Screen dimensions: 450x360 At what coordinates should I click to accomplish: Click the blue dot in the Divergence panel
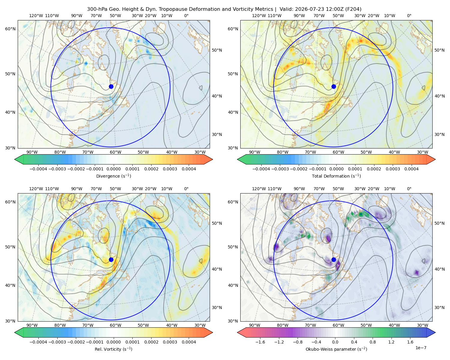click(111, 86)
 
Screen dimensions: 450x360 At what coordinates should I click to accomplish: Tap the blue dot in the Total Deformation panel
click(334, 86)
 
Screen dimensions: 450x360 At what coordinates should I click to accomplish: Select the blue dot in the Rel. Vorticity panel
click(111, 259)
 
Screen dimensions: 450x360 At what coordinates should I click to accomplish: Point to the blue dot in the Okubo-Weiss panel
click(334, 259)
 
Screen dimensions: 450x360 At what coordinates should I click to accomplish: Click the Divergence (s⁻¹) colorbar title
click(113, 176)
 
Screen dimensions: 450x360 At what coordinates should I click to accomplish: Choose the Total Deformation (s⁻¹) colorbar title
click(336, 176)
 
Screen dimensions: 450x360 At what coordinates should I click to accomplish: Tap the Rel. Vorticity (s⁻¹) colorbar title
click(113, 349)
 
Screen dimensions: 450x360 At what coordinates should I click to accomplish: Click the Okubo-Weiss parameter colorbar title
click(336, 349)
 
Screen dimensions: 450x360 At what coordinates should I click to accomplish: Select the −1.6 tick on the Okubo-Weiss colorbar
click(260, 342)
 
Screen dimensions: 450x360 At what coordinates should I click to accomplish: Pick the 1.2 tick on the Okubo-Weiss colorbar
click(391, 342)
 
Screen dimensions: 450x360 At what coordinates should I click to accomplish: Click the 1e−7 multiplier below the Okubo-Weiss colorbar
click(421, 348)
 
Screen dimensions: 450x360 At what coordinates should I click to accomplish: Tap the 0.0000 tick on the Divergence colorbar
click(113, 169)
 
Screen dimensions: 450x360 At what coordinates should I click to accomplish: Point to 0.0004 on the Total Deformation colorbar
click(412, 169)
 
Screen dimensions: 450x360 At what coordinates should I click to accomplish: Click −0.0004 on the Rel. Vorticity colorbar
click(38, 342)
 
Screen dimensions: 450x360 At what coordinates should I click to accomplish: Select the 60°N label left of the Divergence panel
click(10, 29)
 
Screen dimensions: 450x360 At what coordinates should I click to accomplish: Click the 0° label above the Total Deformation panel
click(409, 16)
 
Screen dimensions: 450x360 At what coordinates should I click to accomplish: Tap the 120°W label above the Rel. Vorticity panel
click(36, 189)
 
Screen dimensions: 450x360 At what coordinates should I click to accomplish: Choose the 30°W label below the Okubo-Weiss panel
click(423, 325)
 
